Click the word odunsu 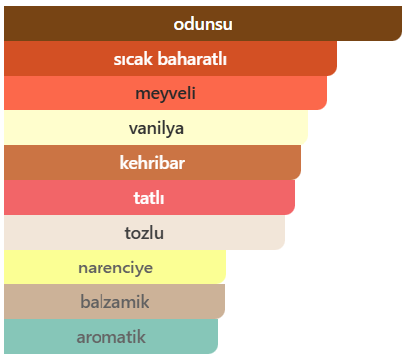click(x=203, y=24)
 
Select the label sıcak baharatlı click(x=170, y=59)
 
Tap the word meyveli click(x=165, y=93)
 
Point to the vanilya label click(x=156, y=128)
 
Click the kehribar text click(x=152, y=163)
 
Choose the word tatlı click(x=149, y=198)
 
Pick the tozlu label click(x=144, y=233)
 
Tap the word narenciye click(x=115, y=268)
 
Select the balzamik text click(x=114, y=302)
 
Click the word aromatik click(x=110, y=337)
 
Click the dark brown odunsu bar click(x=203, y=23)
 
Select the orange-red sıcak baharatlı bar click(x=170, y=58)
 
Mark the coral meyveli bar click(x=165, y=92)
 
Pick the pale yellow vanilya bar click(x=156, y=127)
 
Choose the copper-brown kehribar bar click(x=152, y=162)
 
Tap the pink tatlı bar click(x=149, y=197)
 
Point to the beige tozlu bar click(x=144, y=232)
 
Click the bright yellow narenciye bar click(x=114, y=267)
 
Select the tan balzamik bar click(x=114, y=301)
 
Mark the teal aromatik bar click(x=110, y=336)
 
